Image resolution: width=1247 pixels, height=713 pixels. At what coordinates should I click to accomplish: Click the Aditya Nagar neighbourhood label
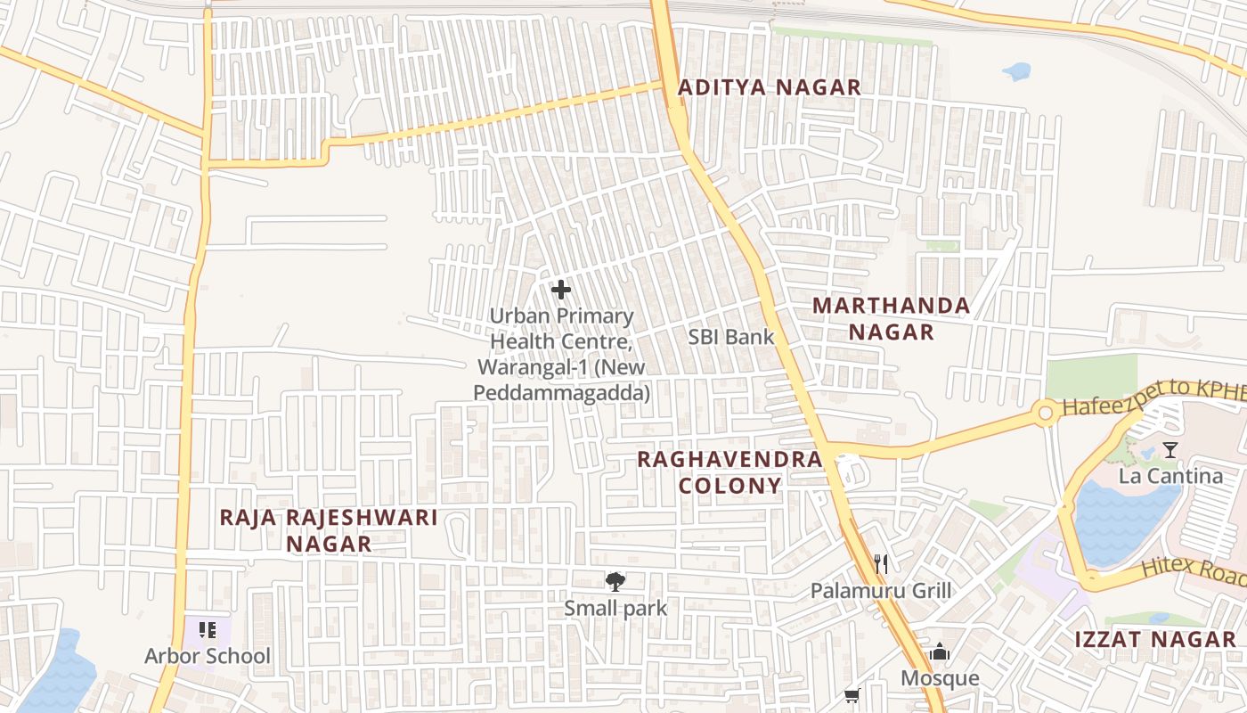point(770,87)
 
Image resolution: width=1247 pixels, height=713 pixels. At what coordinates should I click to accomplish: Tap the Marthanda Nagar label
point(891,319)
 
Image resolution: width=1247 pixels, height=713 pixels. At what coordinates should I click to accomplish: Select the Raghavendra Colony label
point(729,472)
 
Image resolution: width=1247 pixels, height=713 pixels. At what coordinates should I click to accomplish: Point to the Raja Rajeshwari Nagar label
point(329,530)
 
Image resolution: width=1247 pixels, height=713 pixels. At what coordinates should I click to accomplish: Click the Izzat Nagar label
point(1154,639)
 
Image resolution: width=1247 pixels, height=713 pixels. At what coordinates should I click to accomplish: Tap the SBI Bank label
point(730,337)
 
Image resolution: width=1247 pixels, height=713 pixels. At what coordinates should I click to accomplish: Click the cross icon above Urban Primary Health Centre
point(561,290)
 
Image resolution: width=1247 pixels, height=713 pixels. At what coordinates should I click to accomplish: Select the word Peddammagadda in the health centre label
point(561,392)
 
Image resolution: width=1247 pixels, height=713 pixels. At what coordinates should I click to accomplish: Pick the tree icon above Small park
point(615,583)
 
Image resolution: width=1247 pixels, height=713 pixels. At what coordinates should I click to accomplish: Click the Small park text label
point(615,609)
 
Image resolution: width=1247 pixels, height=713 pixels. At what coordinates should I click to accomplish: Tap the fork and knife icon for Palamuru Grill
point(881,563)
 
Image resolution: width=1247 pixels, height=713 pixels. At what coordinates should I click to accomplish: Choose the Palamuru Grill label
point(880,590)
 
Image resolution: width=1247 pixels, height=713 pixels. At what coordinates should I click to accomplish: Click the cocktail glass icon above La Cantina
point(1170,450)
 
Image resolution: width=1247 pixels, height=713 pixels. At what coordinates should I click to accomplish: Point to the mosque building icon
point(939,653)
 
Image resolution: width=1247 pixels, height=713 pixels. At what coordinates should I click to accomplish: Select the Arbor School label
point(208,657)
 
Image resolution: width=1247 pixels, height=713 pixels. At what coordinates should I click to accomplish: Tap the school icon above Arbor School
point(208,630)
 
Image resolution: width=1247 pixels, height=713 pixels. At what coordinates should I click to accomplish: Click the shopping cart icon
point(852,695)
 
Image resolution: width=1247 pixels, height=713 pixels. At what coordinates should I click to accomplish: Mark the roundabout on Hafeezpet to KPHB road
point(1045,414)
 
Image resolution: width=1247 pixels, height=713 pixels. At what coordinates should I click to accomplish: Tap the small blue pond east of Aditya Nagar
point(1016,71)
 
